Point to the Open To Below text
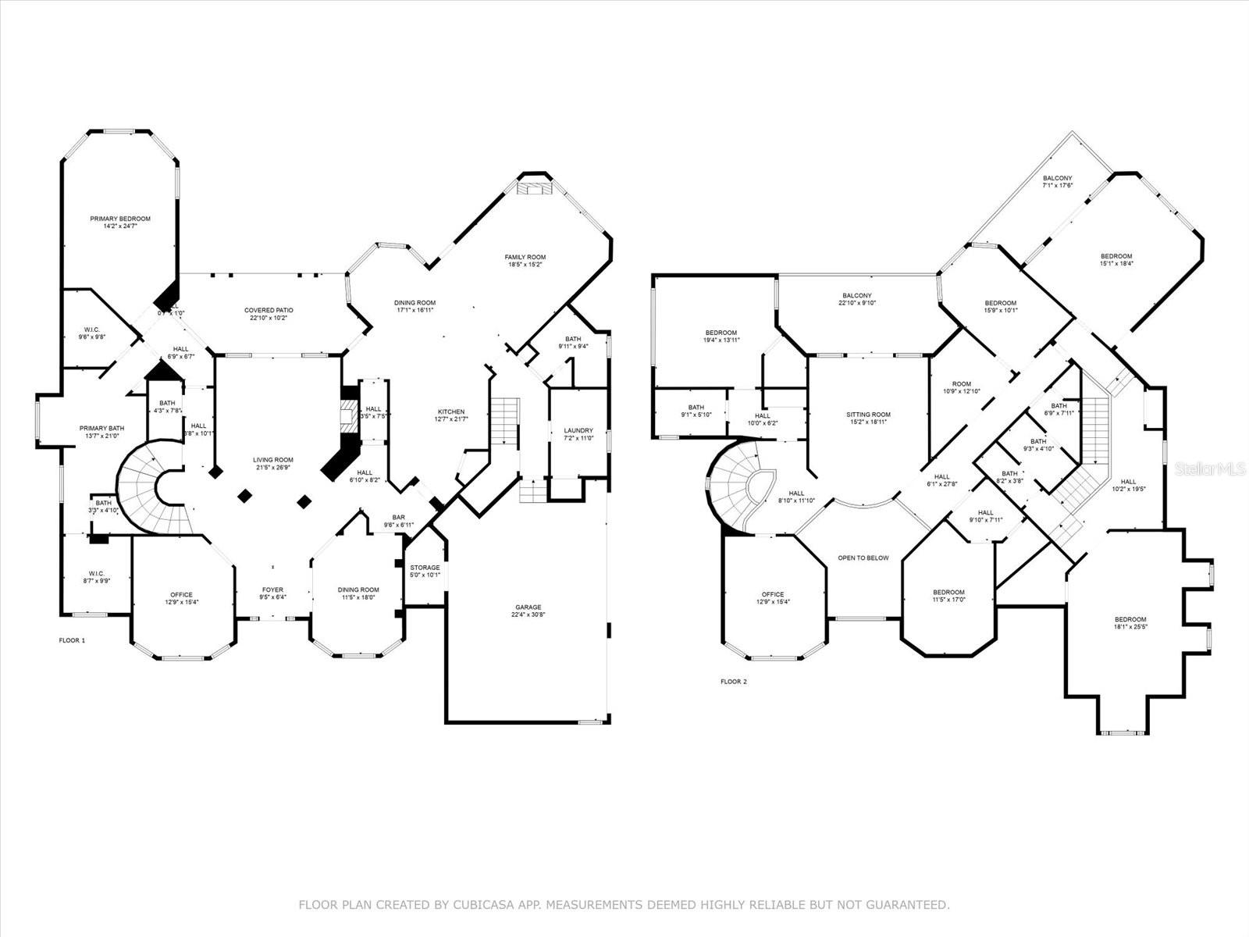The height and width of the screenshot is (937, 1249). [863, 558]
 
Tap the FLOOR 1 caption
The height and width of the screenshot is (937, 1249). [73, 640]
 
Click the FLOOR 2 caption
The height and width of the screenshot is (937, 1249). [733, 682]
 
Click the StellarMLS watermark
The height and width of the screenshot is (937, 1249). [1211, 468]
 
